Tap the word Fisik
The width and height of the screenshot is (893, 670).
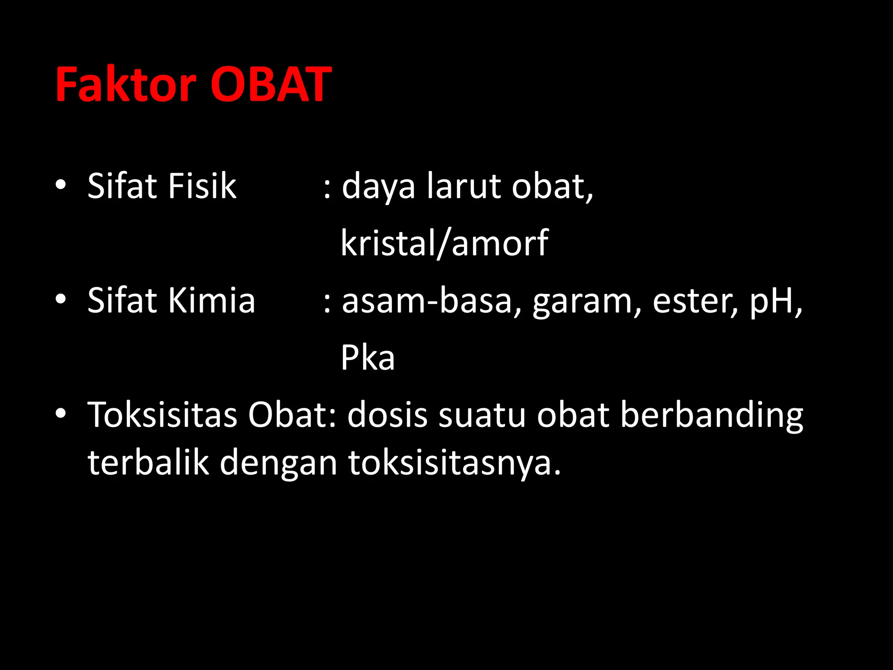coord(202,186)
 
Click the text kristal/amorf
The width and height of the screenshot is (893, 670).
coord(444,243)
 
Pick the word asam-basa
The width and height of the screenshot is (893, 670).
coord(426,301)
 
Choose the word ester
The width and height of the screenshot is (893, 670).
coord(695,301)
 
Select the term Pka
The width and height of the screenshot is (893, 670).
coord(368,358)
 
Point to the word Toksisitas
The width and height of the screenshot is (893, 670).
coord(162,415)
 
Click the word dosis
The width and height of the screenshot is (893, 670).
coord(387,415)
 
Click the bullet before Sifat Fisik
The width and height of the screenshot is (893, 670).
coord(61,185)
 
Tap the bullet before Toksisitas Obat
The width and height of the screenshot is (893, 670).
coord(61,414)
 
